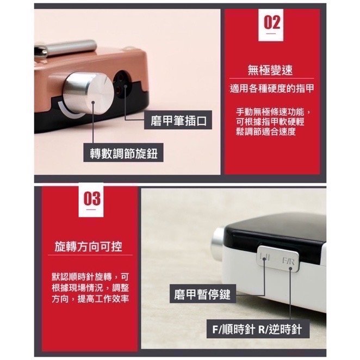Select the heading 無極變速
tap(271, 70)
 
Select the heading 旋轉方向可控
tap(89, 246)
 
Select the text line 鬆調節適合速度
tap(266, 132)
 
